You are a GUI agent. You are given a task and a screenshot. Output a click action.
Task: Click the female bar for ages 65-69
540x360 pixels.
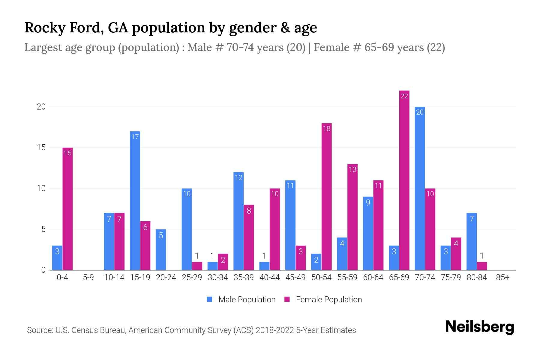[404, 180]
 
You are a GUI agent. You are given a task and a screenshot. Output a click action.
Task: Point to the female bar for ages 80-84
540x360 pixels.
[482, 266]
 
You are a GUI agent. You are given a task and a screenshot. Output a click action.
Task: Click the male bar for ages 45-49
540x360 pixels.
[290, 225]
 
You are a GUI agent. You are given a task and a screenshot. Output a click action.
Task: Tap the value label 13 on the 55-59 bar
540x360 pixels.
[352, 169]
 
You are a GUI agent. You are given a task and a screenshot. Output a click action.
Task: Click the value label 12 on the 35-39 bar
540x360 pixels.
[238, 178]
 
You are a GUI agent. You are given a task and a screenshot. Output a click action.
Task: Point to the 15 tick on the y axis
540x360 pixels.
[41, 148]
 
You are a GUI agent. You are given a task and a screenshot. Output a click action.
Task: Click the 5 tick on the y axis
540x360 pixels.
[43, 229]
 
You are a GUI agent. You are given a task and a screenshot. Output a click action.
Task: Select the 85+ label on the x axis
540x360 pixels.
[502, 277]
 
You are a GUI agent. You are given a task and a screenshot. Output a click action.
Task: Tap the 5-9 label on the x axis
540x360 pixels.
[88, 277]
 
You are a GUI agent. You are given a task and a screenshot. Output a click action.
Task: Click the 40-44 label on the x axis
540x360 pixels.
[269, 277]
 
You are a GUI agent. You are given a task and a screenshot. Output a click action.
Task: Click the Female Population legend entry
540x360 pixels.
[323, 299]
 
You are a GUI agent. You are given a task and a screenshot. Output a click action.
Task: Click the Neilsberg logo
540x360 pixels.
[479, 327]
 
